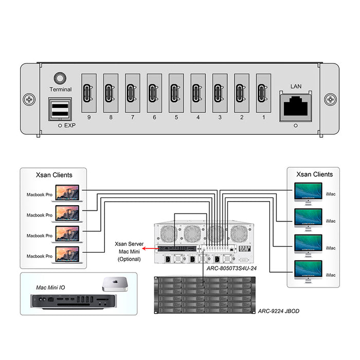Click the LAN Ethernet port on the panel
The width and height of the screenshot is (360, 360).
(295, 106)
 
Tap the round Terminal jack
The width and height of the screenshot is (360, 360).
(61, 78)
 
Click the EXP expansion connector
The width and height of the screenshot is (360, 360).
(60, 110)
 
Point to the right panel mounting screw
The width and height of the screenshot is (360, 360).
(330, 98)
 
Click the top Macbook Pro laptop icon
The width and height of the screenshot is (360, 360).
(68, 194)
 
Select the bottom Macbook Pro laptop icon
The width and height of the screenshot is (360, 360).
(68, 254)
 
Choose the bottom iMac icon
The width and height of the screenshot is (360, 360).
(308, 271)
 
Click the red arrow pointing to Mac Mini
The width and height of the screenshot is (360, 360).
(150, 248)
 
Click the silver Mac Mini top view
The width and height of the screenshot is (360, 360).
(114, 282)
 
